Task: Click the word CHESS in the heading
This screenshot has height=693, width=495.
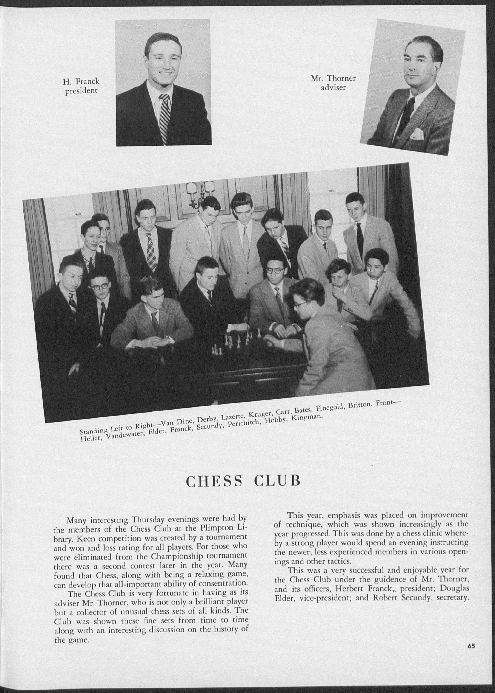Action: click(x=214, y=481)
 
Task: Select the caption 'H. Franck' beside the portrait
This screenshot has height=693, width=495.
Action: click(x=81, y=81)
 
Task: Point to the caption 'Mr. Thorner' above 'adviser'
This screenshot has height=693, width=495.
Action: click(x=333, y=78)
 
